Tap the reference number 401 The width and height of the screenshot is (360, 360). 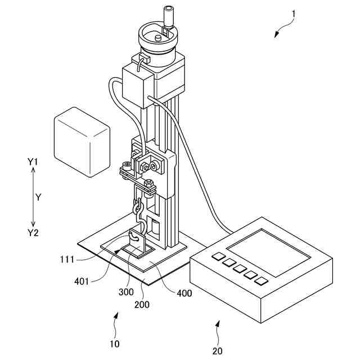click(x=82, y=281)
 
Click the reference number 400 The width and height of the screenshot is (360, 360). click(x=183, y=293)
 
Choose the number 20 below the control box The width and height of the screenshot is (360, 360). click(x=217, y=351)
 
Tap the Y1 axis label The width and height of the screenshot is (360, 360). click(x=33, y=162)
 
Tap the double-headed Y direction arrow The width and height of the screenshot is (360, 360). click(x=33, y=197)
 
